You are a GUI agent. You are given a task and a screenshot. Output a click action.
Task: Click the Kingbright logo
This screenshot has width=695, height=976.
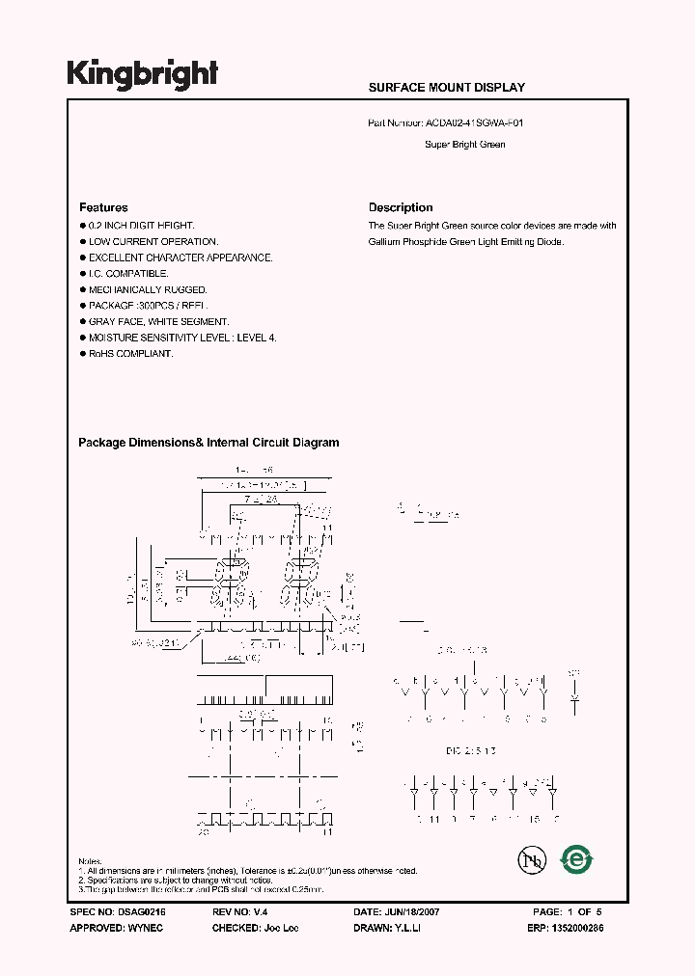point(143,73)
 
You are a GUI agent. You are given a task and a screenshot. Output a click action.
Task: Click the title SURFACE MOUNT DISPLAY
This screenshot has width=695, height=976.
point(447,88)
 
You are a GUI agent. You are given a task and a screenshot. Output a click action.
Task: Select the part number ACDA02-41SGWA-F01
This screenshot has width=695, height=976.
point(476,123)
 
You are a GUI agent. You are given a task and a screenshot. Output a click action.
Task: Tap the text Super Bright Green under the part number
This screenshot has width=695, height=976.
point(465,145)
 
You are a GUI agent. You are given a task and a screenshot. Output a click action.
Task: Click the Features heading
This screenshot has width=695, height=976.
point(103,207)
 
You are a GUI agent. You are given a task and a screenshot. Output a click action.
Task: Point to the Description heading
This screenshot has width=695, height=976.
point(401,207)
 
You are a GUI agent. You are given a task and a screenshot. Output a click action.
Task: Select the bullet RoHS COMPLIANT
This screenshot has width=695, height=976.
point(130,354)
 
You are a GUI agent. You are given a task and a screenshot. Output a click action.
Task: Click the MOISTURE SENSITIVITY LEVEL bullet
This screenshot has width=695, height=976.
point(182,338)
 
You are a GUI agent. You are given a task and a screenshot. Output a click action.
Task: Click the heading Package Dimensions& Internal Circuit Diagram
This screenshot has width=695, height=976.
point(208,443)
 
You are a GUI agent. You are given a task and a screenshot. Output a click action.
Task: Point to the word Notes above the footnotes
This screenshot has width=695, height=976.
point(90,860)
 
